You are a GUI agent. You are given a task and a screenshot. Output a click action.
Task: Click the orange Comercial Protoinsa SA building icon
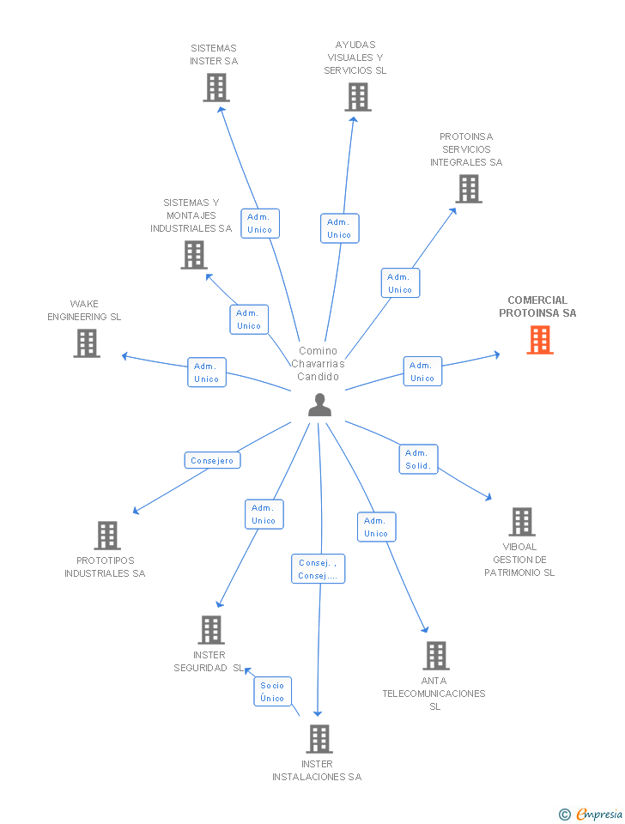click(540, 340)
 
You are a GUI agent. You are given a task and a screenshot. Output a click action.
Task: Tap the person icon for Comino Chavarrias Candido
click(319, 404)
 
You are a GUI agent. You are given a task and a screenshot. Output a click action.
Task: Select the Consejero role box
click(212, 460)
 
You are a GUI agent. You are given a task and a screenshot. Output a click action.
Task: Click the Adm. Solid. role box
click(418, 459)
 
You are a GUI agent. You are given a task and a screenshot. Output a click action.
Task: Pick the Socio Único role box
click(272, 692)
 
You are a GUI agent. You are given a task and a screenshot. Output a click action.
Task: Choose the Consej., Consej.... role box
click(318, 568)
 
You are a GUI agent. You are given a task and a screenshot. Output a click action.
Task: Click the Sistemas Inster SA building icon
click(216, 88)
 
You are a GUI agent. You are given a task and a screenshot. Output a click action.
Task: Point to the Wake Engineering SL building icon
click(87, 343)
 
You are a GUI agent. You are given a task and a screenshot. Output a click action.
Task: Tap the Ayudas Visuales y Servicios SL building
click(358, 97)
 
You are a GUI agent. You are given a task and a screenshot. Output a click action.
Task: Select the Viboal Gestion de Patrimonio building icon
click(522, 522)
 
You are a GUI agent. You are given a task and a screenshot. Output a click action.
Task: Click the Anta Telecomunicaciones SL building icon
click(436, 655)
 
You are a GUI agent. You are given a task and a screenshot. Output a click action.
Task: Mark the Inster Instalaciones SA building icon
click(319, 739)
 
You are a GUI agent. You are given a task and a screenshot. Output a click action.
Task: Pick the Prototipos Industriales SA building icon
click(107, 536)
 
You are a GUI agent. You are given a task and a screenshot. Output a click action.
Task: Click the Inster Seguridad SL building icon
click(211, 629)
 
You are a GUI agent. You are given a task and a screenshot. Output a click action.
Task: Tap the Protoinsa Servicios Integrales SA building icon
click(469, 189)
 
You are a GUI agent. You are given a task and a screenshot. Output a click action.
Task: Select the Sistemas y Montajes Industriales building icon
click(194, 255)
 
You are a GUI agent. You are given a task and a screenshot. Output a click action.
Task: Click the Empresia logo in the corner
click(590, 814)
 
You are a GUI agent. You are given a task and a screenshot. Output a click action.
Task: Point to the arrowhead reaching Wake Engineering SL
click(125, 355)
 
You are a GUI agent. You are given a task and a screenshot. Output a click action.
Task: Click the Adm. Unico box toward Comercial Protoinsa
click(422, 372)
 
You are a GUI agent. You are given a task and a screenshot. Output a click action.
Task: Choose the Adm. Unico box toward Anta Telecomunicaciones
click(376, 526)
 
